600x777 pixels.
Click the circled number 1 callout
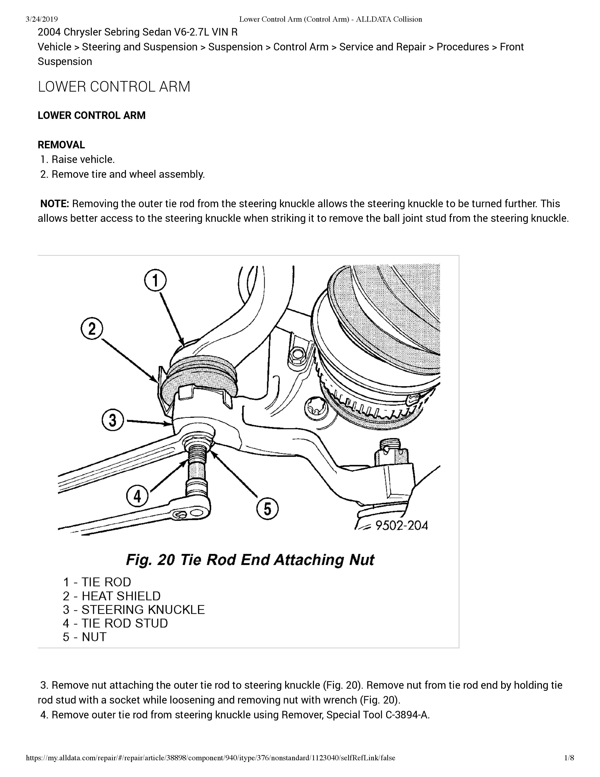click(x=155, y=281)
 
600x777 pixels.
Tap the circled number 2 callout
click(x=92, y=329)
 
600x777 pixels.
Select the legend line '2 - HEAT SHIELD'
click(x=112, y=596)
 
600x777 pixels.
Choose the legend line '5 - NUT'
click(x=85, y=637)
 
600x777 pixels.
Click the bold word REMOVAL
click(x=61, y=145)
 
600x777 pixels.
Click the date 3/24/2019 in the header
click(x=42, y=19)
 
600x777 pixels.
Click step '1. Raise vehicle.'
click(x=78, y=159)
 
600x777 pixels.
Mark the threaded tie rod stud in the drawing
click(x=196, y=462)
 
